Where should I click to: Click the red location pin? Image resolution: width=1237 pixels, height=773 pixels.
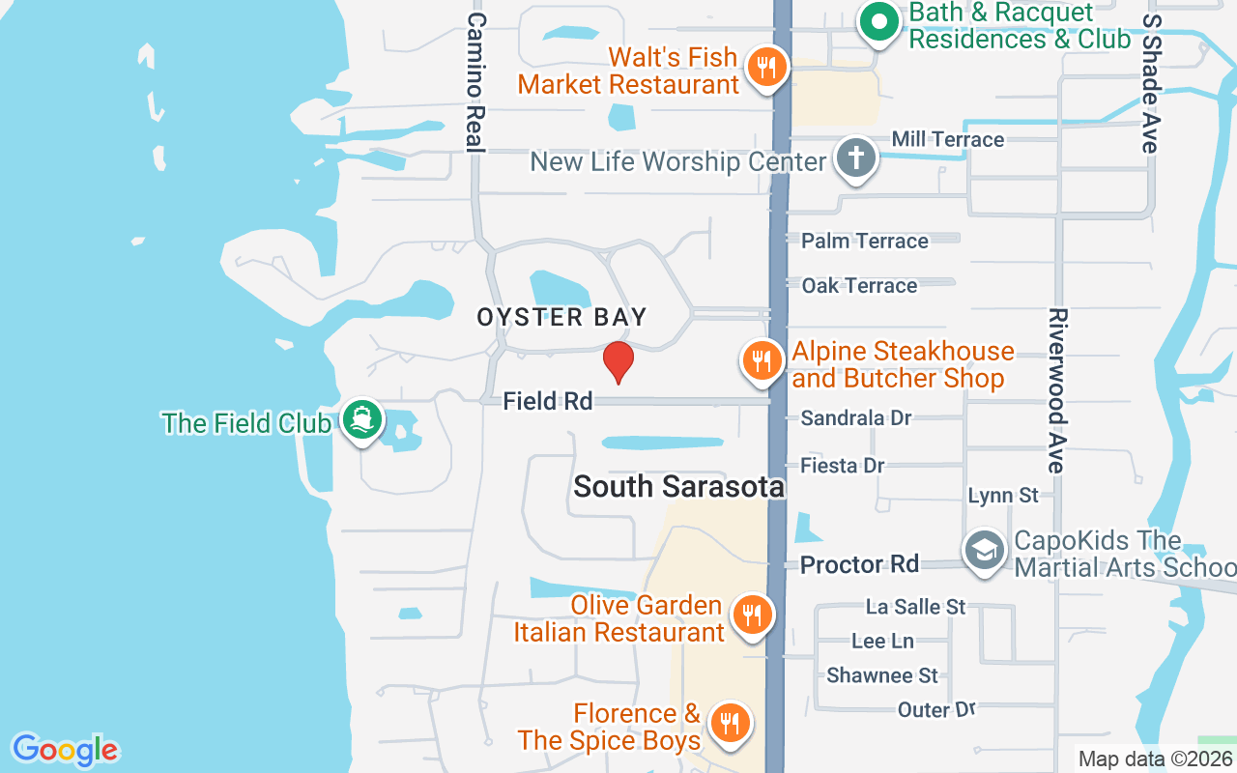click(x=618, y=361)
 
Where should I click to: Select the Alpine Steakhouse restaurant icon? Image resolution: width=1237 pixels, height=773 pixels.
click(x=762, y=362)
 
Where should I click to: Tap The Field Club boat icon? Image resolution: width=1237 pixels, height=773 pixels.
click(x=362, y=420)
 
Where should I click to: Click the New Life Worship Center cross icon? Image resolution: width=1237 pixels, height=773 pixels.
click(x=855, y=158)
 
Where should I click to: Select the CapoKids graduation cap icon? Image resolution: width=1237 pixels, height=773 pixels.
click(x=985, y=552)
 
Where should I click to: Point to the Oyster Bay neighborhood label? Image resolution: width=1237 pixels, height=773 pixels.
click(x=561, y=317)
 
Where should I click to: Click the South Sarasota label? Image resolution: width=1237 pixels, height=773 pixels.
click(x=678, y=486)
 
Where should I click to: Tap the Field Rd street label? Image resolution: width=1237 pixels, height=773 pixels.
click(x=548, y=401)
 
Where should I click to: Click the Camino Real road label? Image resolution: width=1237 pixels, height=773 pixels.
click(x=475, y=82)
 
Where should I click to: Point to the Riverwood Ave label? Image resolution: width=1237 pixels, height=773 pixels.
click(x=1057, y=390)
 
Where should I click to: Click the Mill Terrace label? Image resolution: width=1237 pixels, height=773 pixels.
click(x=947, y=139)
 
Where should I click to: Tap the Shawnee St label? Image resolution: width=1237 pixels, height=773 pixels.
click(x=881, y=675)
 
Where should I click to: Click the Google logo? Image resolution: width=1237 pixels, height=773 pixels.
click(x=65, y=750)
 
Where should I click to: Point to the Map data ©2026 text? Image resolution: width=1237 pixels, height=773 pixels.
click(x=1156, y=759)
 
